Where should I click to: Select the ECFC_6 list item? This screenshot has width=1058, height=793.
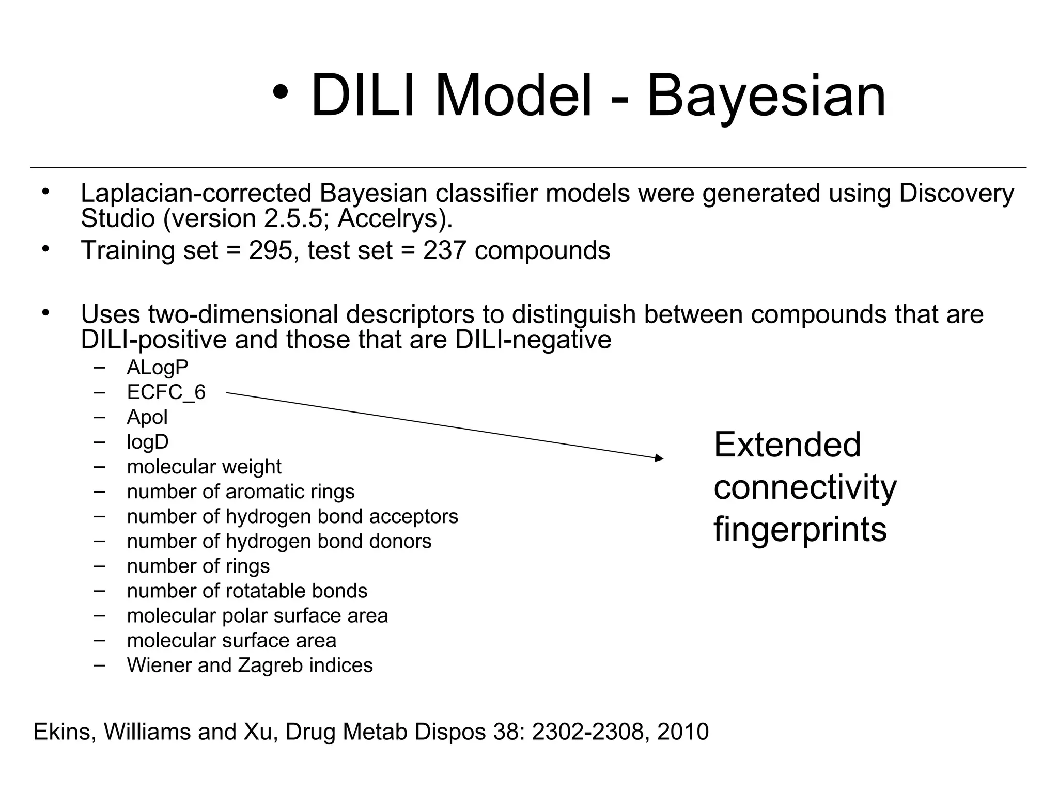[x=166, y=392]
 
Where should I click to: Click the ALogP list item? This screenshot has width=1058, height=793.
[x=158, y=368]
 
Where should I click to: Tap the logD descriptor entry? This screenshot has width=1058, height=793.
[x=148, y=442]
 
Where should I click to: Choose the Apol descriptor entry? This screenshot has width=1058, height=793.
[x=147, y=417]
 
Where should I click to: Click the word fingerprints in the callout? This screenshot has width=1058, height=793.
[x=800, y=529]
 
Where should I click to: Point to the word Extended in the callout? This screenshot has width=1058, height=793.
[x=787, y=445]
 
